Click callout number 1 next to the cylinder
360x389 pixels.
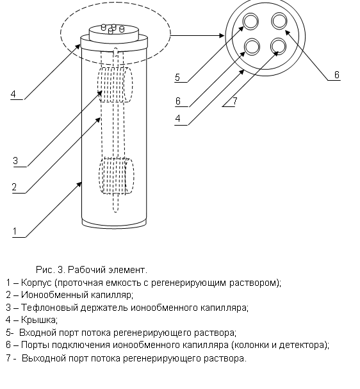15,231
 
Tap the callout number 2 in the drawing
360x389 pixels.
14,187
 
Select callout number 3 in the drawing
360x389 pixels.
15,161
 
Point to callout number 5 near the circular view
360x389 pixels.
177,77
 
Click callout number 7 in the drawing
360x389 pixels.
235,101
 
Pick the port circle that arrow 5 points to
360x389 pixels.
250,21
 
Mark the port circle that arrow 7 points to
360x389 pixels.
278,46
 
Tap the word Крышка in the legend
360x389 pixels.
39,320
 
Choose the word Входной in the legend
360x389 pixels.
38,333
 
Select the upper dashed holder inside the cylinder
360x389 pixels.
115,85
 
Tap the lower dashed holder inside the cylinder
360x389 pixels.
117,176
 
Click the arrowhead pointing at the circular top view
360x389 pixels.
222,36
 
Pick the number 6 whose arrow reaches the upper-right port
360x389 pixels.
337,75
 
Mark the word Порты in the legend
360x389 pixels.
35,345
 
